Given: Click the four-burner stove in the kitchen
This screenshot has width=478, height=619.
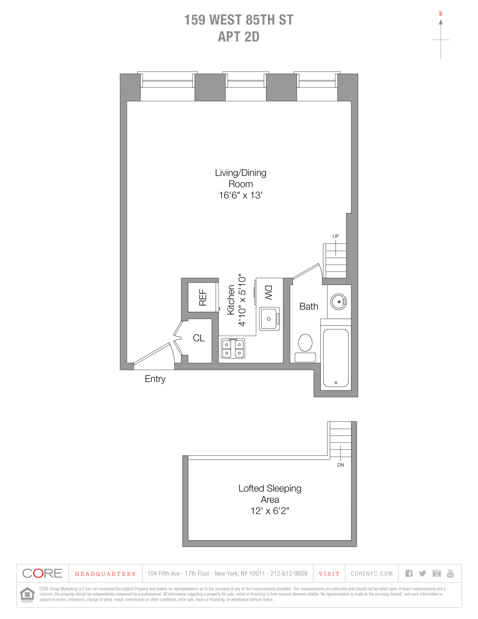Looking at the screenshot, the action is click(x=233, y=348).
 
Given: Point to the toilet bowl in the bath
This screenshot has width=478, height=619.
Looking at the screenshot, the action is click(x=305, y=343).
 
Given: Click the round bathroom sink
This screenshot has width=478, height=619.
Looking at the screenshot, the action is click(x=339, y=302).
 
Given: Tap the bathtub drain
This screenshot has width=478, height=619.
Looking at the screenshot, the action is click(x=336, y=383).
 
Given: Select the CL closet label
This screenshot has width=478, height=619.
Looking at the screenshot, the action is click(x=199, y=338).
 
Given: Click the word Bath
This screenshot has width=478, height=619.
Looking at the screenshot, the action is click(x=309, y=306).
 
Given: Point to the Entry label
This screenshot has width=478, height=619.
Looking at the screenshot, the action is click(x=155, y=379).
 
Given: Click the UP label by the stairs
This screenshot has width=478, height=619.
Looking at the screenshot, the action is click(x=335, y=236).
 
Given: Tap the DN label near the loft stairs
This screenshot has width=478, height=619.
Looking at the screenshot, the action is click(x=340, y=465).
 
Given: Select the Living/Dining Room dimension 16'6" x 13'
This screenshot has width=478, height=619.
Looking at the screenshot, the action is click(x=240, y=195).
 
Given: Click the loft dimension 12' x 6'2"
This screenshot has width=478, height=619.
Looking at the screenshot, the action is click(x=270, y=511).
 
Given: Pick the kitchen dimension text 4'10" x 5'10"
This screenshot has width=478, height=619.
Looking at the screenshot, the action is click(x=242, y=300).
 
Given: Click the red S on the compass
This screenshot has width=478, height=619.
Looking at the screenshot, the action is click(x=441, y=14).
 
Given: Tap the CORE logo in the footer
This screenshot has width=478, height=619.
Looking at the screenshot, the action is click(x=42, y=573).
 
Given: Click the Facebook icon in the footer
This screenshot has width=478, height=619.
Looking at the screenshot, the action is click(x=409, y=573).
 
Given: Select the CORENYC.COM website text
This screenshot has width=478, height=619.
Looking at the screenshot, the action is click(x=372, y=574).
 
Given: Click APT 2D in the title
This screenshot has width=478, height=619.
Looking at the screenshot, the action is click(x=239, y=37).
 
